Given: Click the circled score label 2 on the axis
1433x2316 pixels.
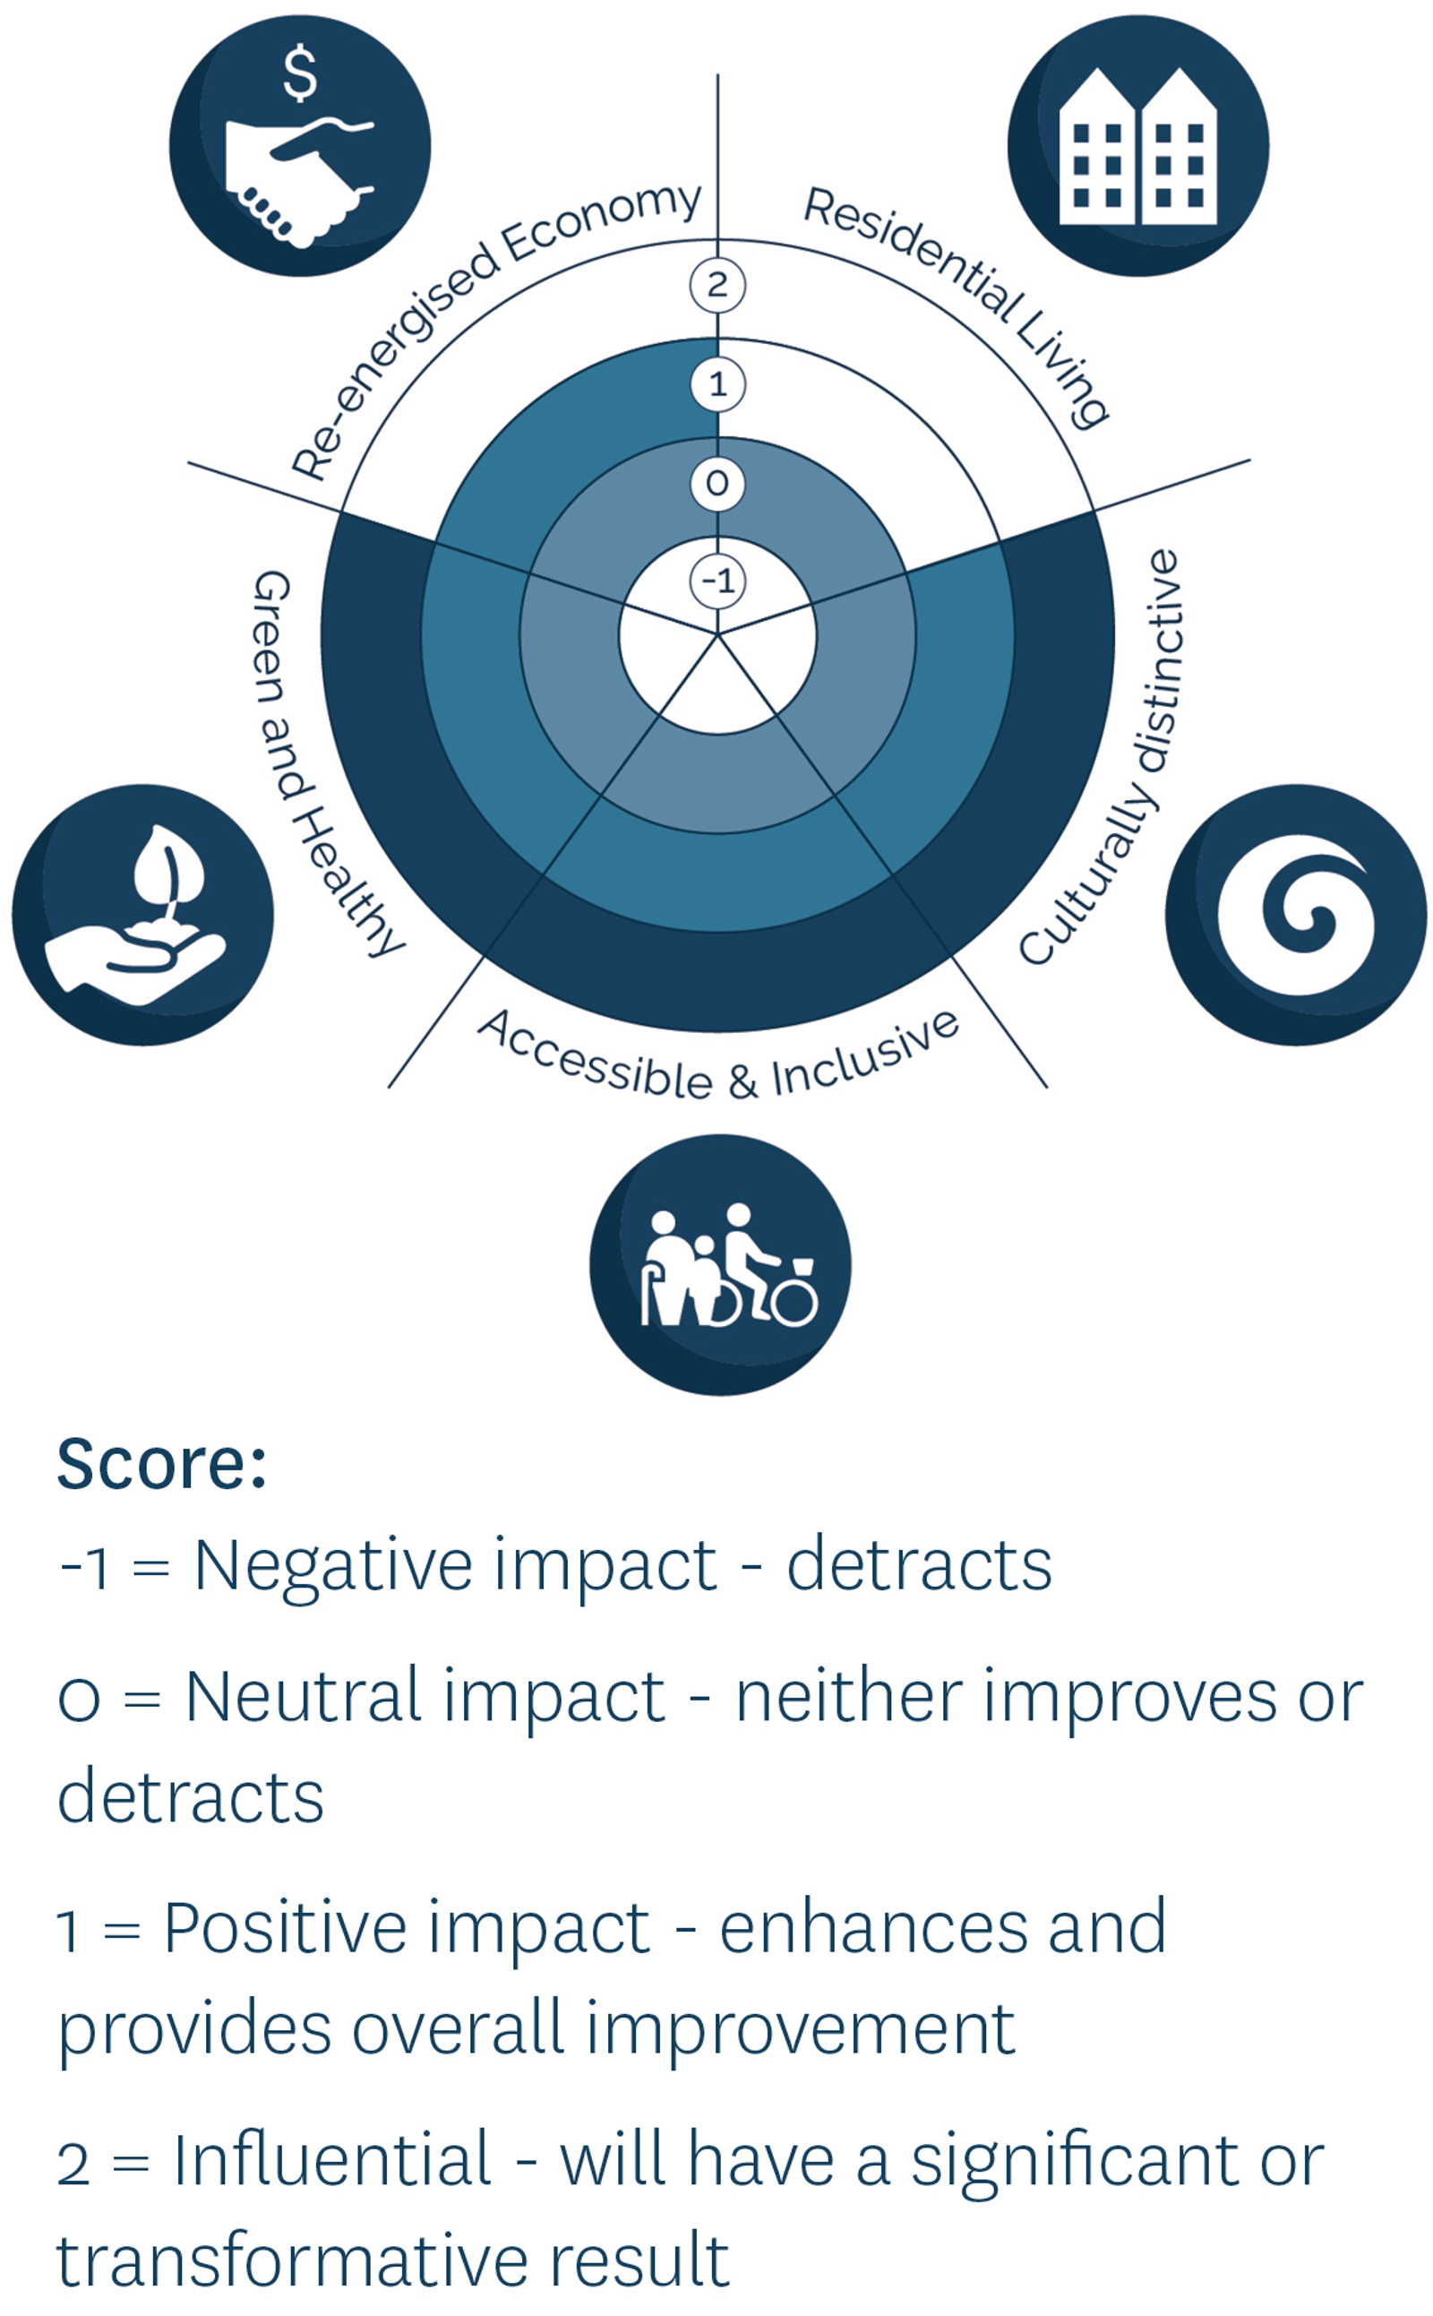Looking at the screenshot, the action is coord(717,285).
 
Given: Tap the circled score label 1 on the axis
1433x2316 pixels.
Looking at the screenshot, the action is coord(717,384).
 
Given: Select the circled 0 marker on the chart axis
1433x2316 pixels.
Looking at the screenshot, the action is coord(717,484).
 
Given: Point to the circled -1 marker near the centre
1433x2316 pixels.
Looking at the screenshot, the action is coord(717,581).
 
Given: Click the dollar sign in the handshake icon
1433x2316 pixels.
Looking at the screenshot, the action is coord(300,75).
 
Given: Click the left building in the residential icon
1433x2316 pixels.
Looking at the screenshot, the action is coord(1096,146).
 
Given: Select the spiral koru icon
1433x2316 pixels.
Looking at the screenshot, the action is coord(1296,915).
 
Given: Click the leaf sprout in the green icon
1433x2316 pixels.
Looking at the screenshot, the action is coord(168,872).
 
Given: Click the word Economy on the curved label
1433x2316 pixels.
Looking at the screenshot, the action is coord(601,221).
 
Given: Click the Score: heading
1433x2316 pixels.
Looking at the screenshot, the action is coord(162,1464).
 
